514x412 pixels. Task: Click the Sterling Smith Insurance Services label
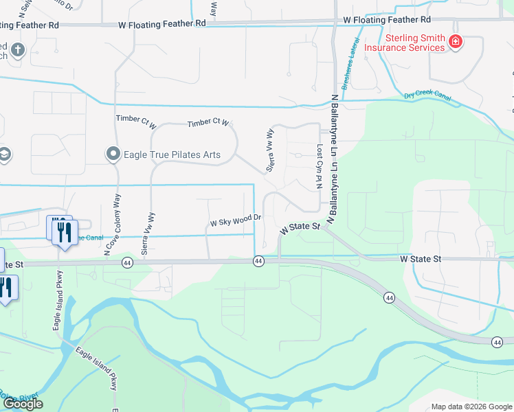click(404, 43)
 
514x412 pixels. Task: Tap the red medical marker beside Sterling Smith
click(455, 43)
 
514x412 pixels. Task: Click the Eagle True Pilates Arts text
click(172, 154)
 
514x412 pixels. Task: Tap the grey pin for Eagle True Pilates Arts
click(112, 154)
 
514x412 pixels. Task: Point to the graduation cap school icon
click(3, 154)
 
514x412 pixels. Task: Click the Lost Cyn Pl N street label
click(319, 167)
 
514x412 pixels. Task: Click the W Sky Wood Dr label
click(236, 221)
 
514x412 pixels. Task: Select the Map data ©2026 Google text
click(471, 407)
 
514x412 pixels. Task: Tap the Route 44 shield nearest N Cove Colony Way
click(127, 262)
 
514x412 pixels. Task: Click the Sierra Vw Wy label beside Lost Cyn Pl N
click(270, 150)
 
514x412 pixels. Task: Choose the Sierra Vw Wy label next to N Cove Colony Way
click(146, 233)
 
